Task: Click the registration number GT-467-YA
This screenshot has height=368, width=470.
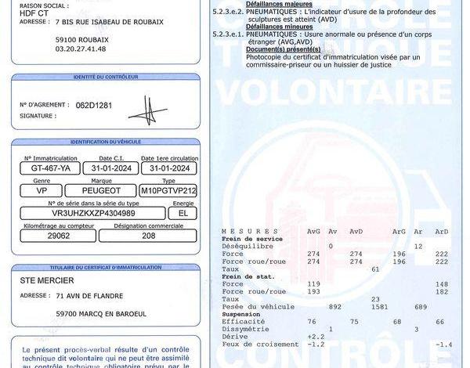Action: [51, 168]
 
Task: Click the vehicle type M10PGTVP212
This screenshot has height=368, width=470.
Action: [168, 189]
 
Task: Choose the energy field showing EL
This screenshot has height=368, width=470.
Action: [183, 212]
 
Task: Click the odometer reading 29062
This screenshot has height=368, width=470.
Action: [59, 235]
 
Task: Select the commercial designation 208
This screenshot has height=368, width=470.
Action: [149, 235]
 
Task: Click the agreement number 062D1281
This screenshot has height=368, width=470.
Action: [94, 104]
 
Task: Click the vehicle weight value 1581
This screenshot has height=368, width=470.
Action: [377, 306]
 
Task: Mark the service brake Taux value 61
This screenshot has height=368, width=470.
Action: [375, 269]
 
